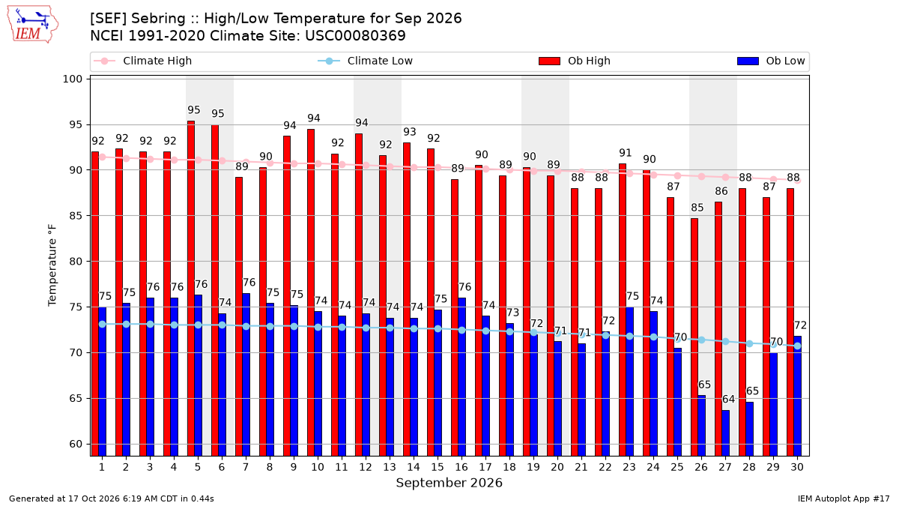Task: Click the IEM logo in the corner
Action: (33, 25)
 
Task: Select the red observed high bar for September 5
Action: (191, 289)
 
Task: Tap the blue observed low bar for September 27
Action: (726, 433)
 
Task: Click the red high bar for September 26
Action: (694, 337)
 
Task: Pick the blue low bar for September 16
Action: (462, 376)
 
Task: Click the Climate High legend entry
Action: (142, 61)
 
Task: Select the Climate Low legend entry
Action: (366, 61)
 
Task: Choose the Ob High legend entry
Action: (575, 61)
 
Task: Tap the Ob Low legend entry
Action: (771, 61)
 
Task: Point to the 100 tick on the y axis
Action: (72, 79)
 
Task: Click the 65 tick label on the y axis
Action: (76, 398)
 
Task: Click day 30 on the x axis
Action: (797, 467)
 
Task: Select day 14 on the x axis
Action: (414, 467)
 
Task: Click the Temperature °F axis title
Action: (52, 265)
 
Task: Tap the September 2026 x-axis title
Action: (449, 483)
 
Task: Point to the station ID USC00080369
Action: (355, 36)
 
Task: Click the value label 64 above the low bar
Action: (728, 399)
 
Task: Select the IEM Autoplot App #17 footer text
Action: (844, 499)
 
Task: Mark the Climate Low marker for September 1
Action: (103, 324)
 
